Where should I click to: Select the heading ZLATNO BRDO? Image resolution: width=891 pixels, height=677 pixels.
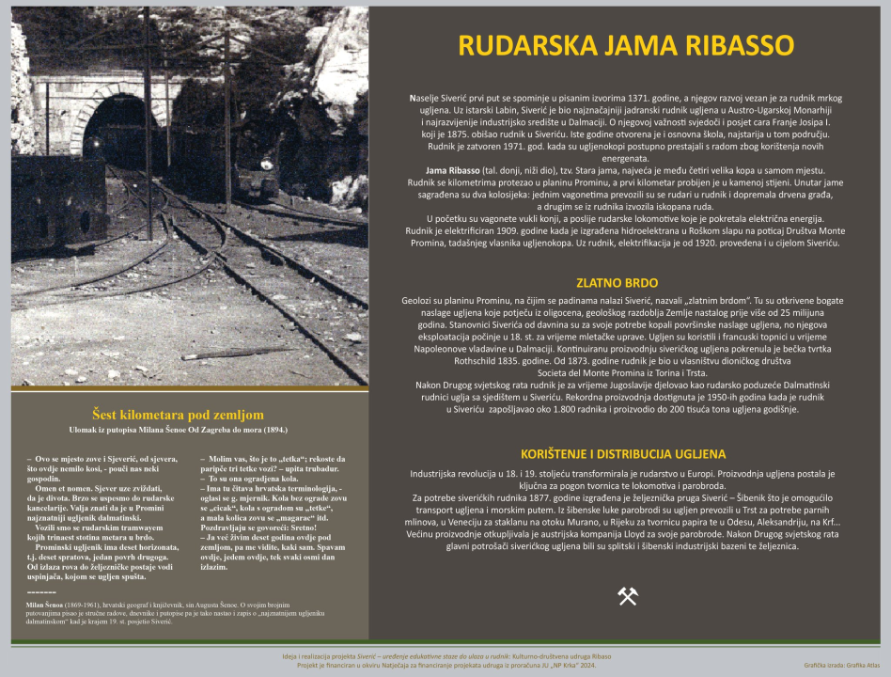[x=617, y=282]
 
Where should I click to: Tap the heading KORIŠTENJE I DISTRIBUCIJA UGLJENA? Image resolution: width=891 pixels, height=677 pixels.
[x=623, y=453]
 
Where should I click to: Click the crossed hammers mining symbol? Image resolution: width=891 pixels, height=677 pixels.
[x=627, y=595]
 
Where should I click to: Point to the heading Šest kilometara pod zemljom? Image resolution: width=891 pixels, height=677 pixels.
[x=178, y=414]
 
